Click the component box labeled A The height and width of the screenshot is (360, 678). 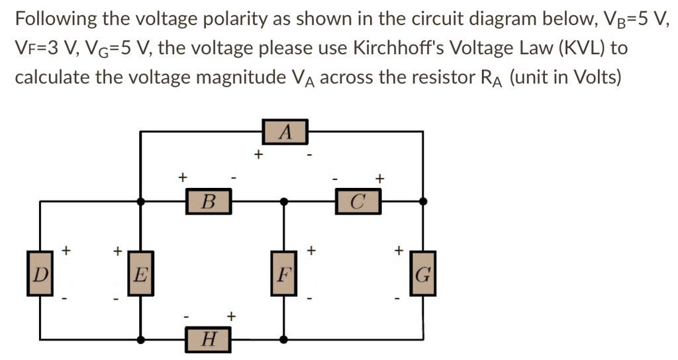click(x=285, y=131)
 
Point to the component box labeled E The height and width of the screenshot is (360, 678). click(x=140, y=273)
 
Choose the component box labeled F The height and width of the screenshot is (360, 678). click(x=284, y=273)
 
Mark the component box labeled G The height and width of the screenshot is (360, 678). click(x=423, y=273)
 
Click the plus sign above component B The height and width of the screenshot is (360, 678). click(x=183, y=177)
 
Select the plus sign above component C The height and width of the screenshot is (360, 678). click(x=379, y=177)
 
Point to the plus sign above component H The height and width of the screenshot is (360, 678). click(x=230, y=316)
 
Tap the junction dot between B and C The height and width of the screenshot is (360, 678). click(x=284, y=201)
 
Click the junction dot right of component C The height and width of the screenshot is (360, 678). click(x=423, y=201)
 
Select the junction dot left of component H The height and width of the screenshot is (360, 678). click(x=140, y=340)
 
